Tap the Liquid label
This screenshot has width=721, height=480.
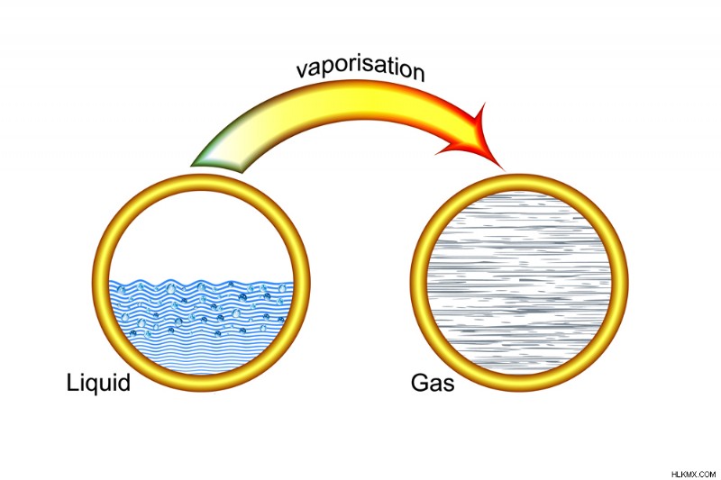98,383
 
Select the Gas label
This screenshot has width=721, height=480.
433,383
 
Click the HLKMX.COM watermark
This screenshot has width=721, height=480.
693,474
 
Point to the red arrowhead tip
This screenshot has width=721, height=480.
504,170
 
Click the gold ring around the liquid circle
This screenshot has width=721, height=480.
101,283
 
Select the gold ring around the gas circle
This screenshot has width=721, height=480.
419,283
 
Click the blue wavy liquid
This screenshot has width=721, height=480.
201,326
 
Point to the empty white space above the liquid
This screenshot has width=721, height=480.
201,234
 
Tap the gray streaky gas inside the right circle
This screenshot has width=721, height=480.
519,283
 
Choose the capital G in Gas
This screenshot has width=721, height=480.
419,383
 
